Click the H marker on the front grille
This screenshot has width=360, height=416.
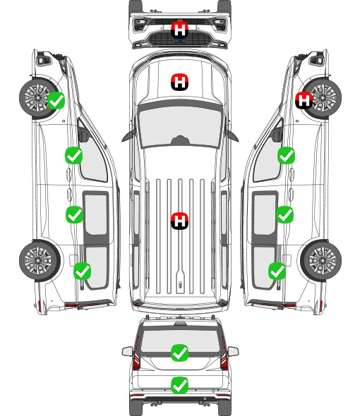(180, 30)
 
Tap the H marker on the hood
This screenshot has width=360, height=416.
(180, 82)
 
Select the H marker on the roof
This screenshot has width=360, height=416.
(180, 221)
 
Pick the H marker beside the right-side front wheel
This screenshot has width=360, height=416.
(304, 101)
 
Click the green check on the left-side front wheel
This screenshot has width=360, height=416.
(56, 101)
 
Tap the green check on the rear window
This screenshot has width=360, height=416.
(180, 353)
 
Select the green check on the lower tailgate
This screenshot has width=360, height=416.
(180, 385)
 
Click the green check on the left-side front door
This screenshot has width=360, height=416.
(74, 156)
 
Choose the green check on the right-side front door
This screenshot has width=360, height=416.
(286, 156)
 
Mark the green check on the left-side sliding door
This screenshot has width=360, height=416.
(74, 214)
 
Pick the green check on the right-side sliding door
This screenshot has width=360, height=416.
(285, 214)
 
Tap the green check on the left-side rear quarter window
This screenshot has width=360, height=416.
(83, 271)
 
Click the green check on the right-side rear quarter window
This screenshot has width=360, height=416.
(277, 271)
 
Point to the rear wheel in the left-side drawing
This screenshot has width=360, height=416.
(39, 261)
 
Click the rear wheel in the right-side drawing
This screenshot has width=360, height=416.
(321, 261)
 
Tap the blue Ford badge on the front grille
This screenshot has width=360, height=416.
(180, 41)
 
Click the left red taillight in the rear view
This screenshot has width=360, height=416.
(136, 354)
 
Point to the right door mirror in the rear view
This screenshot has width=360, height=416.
(233, 352)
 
